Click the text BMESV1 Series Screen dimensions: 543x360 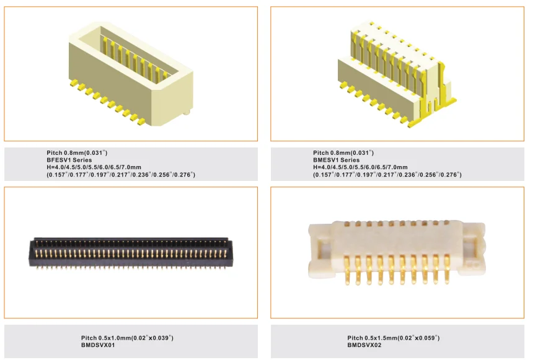[x=336, y=160]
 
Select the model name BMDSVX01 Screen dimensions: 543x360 [x=98, y=345]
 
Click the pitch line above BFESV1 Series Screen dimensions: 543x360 [x=77, y=152]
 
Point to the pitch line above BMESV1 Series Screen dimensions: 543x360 [x=343, y=152]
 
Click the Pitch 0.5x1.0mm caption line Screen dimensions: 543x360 [x=127, y=338]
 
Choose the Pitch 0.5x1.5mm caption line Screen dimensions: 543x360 [x=393, y=338]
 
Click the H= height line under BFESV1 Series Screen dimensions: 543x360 [x=94, y=167]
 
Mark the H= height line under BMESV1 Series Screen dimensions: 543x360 [x=360, y=167]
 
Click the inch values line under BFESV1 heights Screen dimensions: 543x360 [x=121, y=175]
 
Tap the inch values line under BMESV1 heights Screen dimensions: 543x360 [x=387, y=175]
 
